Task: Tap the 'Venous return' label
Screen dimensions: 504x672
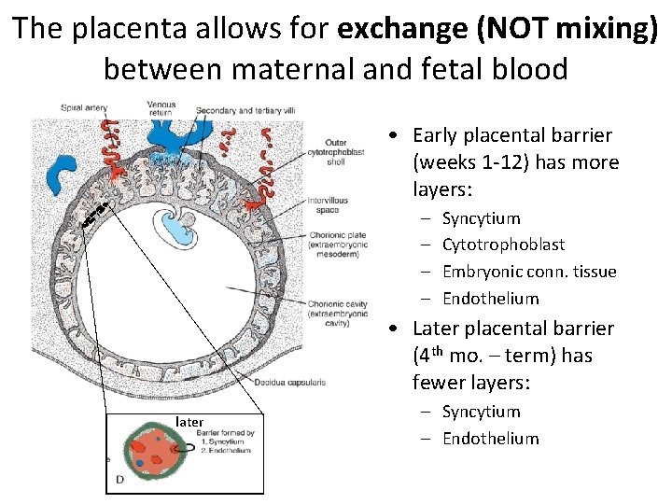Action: [x=161, y=108]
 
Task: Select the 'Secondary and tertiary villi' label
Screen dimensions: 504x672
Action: [x=245, y=111]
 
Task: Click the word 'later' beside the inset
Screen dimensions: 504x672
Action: [x=189, y=422]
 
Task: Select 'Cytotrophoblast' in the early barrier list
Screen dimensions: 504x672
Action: [x=503, y=245]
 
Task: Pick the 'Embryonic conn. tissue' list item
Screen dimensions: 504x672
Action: [x=529, y=272]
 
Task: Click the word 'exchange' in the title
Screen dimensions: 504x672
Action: [x=403, y=29]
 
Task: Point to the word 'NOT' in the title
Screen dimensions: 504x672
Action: [x=515, y=29]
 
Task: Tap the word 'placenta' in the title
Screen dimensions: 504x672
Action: [x=126, y=29]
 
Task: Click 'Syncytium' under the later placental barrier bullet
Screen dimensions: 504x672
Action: [x=481, y=412]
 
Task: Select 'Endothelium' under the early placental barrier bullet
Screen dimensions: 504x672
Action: [x=490, y=299]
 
